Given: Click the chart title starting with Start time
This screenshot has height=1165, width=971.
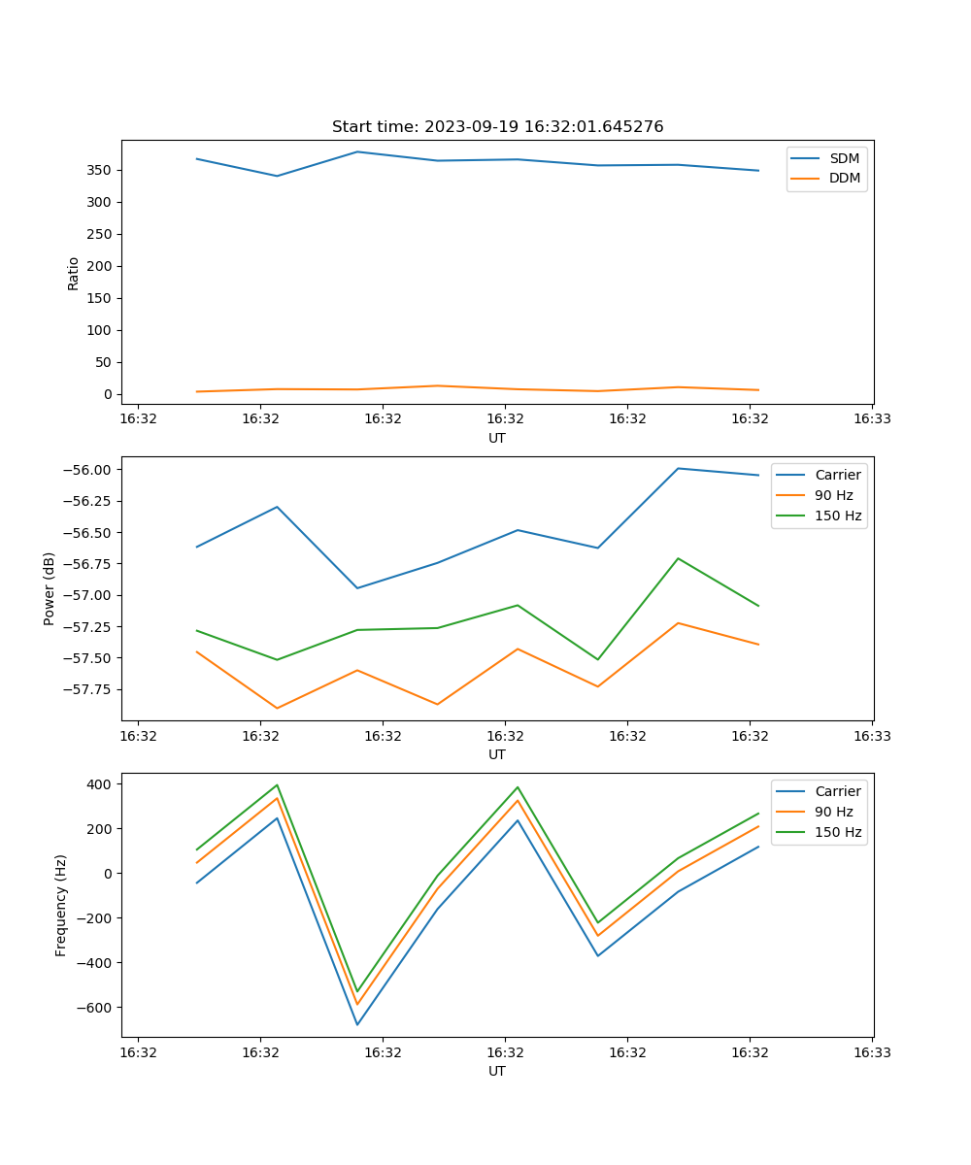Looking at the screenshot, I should pyautogui.click(x=497, y=127).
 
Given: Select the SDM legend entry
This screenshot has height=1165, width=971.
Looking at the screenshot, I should pyautogui.click(x=844, y=158).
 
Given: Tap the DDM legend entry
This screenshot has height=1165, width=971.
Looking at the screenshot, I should pyautogui.click(x=844, y=178).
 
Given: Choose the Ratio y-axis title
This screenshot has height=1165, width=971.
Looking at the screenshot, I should pyautogui.click(x=74, y=273).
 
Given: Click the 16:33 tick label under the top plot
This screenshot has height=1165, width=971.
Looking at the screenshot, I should pyautogui.click(x=872, y=419).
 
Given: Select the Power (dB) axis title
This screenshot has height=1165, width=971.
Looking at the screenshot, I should pyautogui.click(x=50, y=588).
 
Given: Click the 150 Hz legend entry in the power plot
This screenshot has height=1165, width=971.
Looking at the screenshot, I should pyautogui.click(x=838, y=516).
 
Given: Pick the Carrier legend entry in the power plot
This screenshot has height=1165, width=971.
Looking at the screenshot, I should pyautogui.click(x=837, y=475).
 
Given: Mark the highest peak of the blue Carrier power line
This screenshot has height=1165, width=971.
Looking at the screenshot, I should pyautogui.click(x=678, y=468).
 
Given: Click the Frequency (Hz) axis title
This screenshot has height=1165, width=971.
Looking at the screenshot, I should pyautogui.click(x=61, y=905).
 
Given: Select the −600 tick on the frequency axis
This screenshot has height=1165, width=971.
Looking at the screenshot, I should pyautogui.click(x=95, y=1008).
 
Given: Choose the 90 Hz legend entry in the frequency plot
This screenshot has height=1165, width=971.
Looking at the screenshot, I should pyautogui.click(x=833, y=812).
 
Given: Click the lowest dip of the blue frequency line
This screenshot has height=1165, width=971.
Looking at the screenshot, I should pyautogui.click(x=357, y=1025).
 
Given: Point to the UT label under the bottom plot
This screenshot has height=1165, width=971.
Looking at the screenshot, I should pyautogui.click(x=497, y=1071).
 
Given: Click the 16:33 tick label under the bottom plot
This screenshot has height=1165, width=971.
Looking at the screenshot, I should pyautogui.click(x=872, y=1052).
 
